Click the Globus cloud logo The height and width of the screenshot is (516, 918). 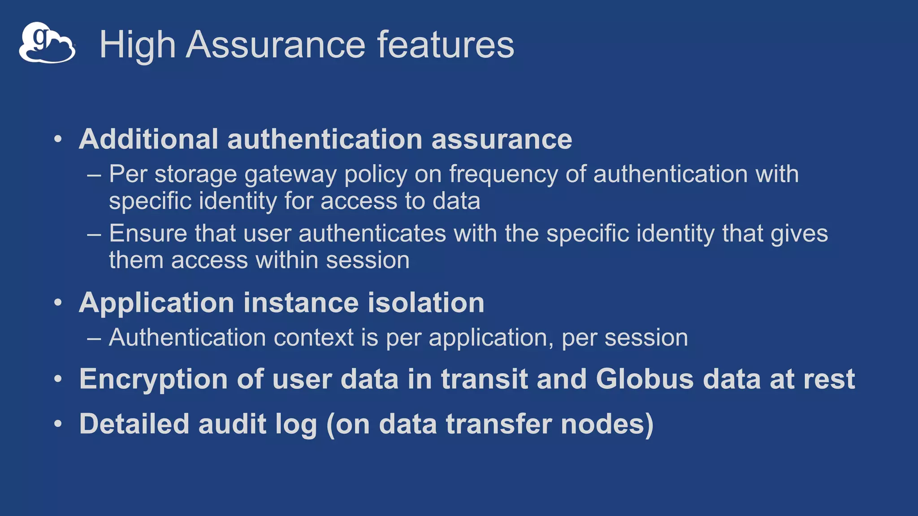click(47, 43)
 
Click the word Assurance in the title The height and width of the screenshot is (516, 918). click(276, 44)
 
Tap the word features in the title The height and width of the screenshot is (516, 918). click(446, 44)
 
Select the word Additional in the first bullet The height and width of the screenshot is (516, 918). click(148, 139)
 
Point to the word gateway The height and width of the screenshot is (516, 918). click(290, 175)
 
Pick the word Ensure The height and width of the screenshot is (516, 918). click(148, 233)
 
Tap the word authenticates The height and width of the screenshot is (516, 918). click(372, 233)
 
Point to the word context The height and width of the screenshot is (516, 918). click(314, 337)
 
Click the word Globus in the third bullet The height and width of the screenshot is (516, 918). click(645, 379)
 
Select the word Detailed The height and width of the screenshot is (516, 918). click(134, 424)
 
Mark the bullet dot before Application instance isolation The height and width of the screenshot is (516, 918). click(58, 303)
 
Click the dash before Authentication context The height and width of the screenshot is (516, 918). click(94, 338)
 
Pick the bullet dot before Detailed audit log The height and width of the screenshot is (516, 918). click(58, 424)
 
